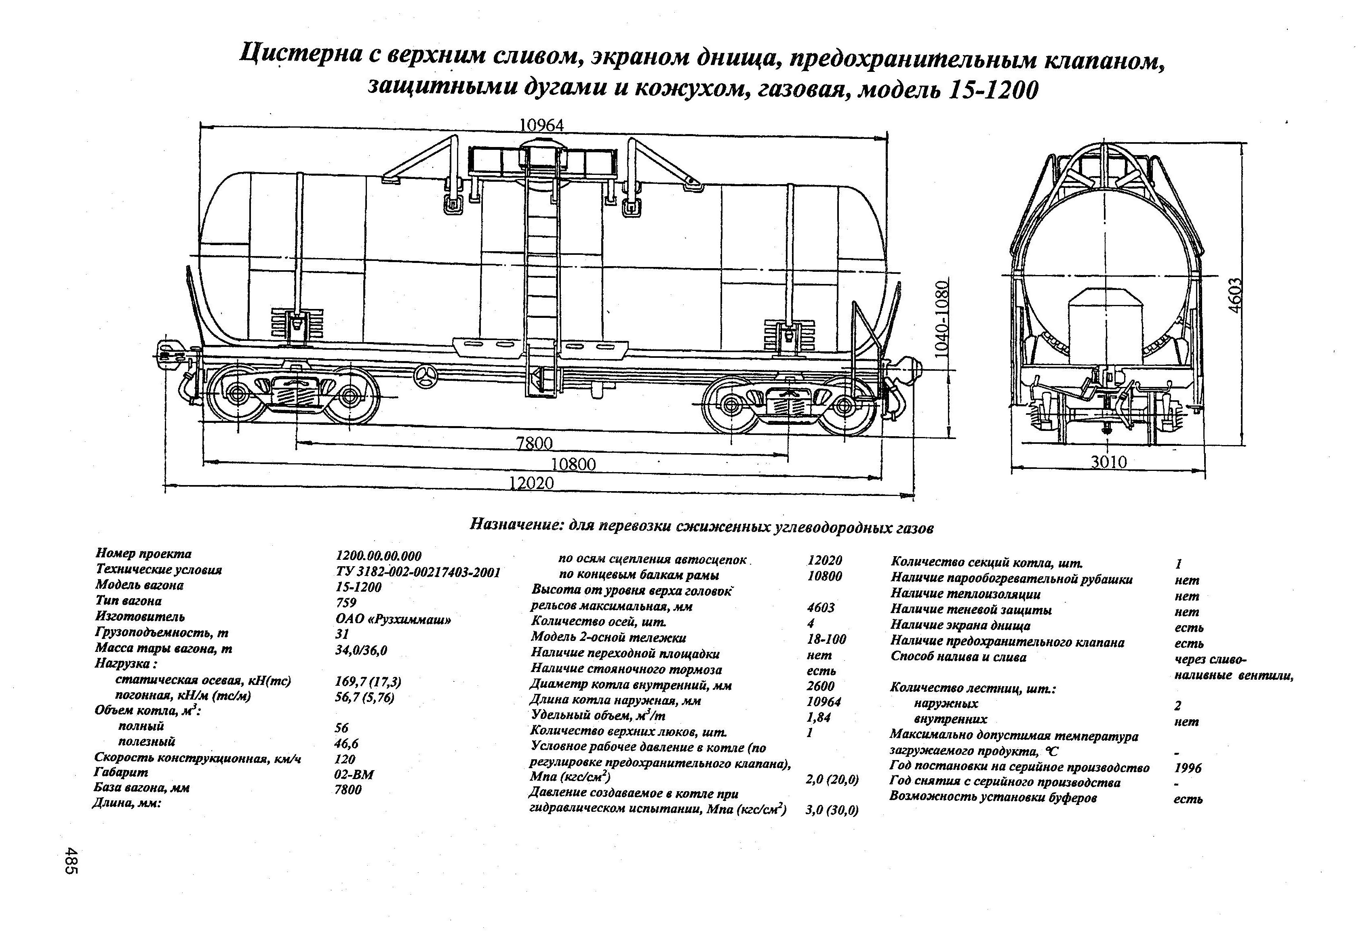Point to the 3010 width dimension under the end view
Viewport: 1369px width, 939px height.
coord(1109,462)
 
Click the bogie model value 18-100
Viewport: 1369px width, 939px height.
coord(826,639)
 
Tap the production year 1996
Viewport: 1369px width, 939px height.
coord(1188,768)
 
